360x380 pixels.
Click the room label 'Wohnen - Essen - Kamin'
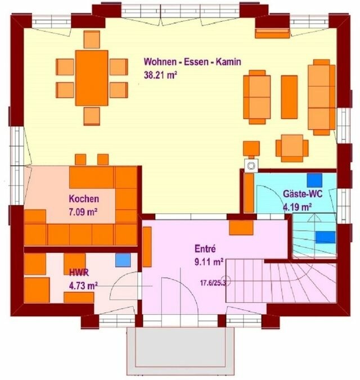click(192, 62)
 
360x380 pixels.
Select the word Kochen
click(84, 198)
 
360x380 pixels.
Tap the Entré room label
click(205, 248)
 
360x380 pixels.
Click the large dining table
click(92, 76)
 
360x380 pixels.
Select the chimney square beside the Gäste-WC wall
click(249, 165)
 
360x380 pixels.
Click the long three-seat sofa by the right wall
click(321, 98)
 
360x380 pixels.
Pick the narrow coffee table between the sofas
click(289, 97)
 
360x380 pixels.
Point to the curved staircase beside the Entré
click(292, 284)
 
